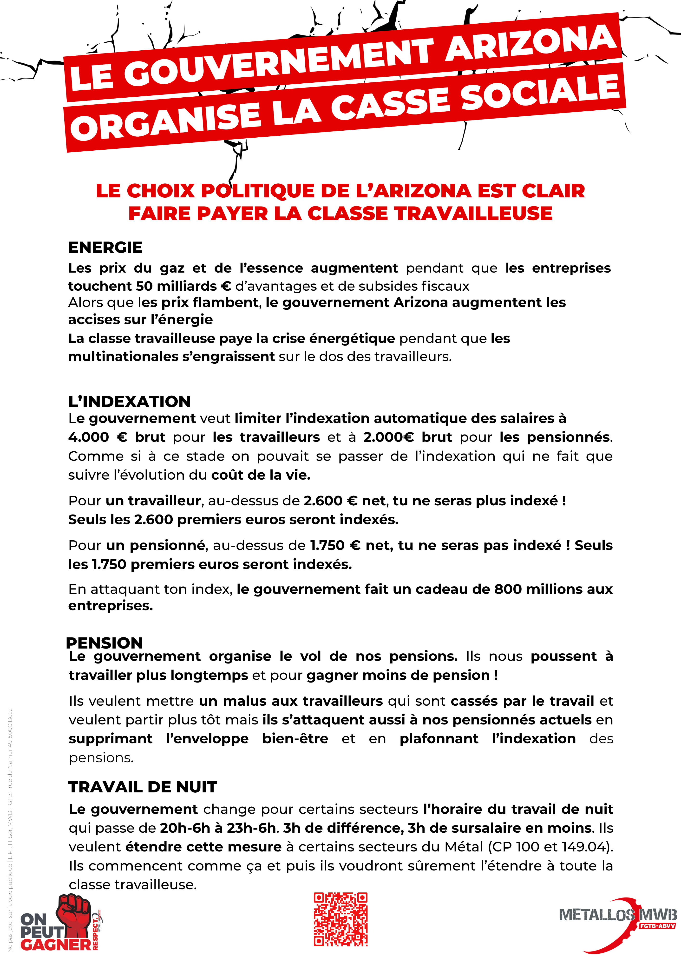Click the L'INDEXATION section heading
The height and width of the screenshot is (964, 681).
pyautogui.click(x=129, y=402)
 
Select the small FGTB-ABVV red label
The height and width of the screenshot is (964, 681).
pyautogui.click(x=657, y=926)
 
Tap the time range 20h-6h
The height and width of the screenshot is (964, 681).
pyautogui.click(x=185, y=828)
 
